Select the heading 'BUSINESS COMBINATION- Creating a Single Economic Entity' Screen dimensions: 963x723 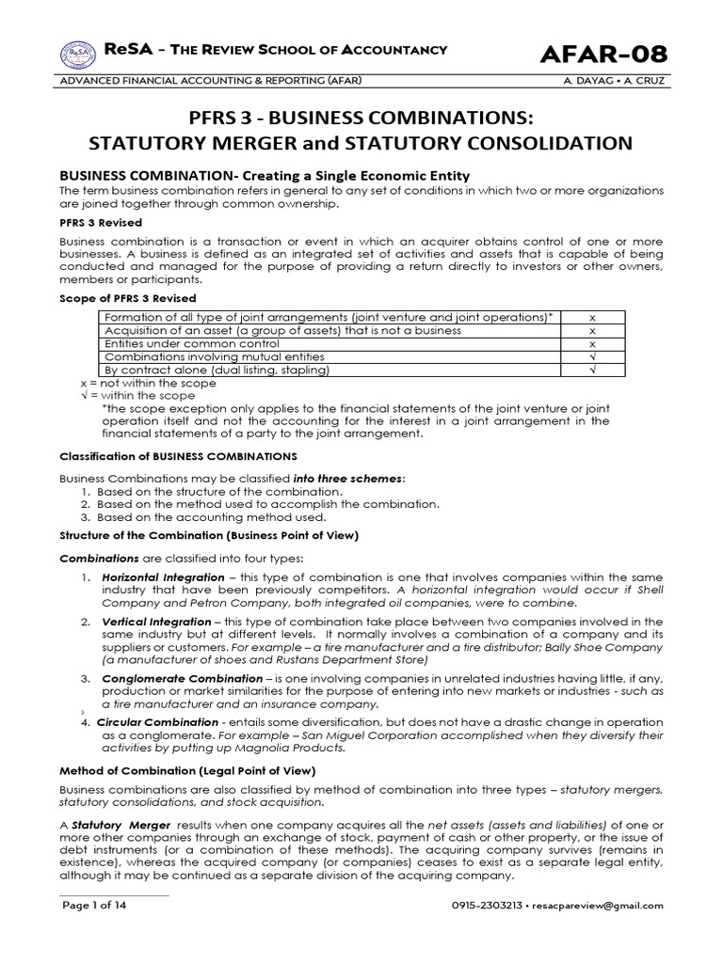265,176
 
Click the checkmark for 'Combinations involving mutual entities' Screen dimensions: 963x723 592,357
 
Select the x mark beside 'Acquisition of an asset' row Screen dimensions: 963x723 592,331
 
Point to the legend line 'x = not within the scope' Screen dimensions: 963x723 150,383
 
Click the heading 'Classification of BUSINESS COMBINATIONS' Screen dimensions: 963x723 179,455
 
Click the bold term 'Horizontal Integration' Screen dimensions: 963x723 163,576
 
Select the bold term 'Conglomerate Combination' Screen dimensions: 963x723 182,677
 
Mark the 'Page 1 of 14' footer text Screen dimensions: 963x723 94,906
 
